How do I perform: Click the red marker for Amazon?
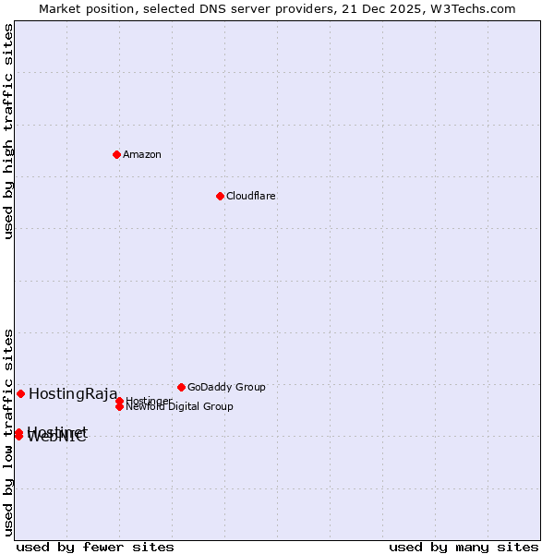pyautogui.click(x=116, y=154)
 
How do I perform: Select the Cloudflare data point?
pyautogui.click(x=220, y=196)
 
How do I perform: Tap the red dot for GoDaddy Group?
pyautogui.click(x=181, y=387)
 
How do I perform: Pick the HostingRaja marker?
pyautogui.click(x=20, y=393)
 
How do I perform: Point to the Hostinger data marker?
pyautogui.click(x=119, y=401)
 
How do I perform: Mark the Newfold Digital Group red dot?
pyautogui.click(x=119, y=406)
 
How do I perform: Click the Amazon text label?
pyautogui.click(x=142, y=155)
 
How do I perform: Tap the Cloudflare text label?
pyautogui.click(x=251, y=197)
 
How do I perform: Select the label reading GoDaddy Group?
pyautogui.click(x=226, y=388)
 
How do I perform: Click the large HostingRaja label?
pyautogui.click(x=73, y=394)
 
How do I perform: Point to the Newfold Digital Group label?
pyautogui.click(x=180, y=407)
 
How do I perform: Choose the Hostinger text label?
pyautogui.click(x=149, y=401)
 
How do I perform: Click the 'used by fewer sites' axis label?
pyautogui.click(x=95, y=548)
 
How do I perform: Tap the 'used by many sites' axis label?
pyautogui.click(x=464, y=548)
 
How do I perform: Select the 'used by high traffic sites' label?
pyautogui.click(x=9, y=131)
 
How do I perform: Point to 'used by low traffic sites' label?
pyautogui.click(x=9, y=432)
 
